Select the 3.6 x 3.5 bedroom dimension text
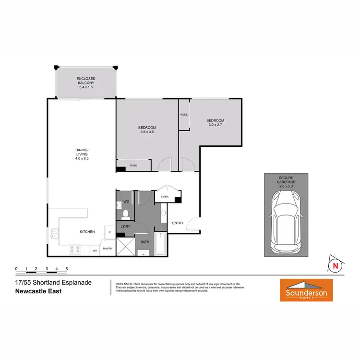tap(148, 132)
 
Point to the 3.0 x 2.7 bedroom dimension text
tap(216, 125)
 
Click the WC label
tap(127, 201)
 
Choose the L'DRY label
tap(126, 226)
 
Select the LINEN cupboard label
tap(165, 197)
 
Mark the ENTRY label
tap(178, 223)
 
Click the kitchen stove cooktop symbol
tap(75, 249)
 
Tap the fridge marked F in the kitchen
tap(110, 232)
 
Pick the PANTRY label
tap(108, 249)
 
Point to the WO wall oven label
tap(95, 250)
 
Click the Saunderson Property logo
tap(306, 290)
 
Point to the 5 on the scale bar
tap(67, 269)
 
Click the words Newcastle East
tap(38, 291)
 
